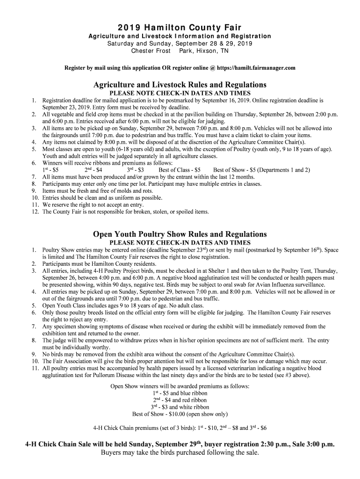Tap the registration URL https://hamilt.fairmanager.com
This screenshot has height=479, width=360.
256,68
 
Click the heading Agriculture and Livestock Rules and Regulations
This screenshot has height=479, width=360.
180,85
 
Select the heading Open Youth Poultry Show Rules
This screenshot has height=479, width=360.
180,234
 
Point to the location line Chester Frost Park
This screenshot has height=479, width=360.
180,51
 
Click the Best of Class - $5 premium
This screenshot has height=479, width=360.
180,170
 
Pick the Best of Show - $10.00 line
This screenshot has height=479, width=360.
180,414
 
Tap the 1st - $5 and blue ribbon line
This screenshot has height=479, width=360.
180,393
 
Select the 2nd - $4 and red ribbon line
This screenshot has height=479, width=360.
180,400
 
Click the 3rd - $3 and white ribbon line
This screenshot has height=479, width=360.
180,407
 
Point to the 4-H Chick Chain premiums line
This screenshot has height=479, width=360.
180,428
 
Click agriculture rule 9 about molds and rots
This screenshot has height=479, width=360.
97,191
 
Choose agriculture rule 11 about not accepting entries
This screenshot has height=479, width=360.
93,204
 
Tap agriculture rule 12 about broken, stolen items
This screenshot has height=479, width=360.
125,211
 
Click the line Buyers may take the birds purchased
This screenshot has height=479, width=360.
180,452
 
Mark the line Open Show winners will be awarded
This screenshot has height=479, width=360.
180,386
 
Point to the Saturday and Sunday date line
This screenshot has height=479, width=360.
180,44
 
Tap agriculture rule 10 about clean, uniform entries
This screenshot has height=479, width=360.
102,198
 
